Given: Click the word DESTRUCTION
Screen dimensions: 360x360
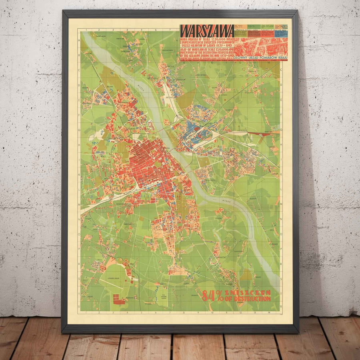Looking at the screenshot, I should click(x=252, y=298).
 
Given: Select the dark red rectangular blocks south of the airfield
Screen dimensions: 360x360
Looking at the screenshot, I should click(x=118, y=298).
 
